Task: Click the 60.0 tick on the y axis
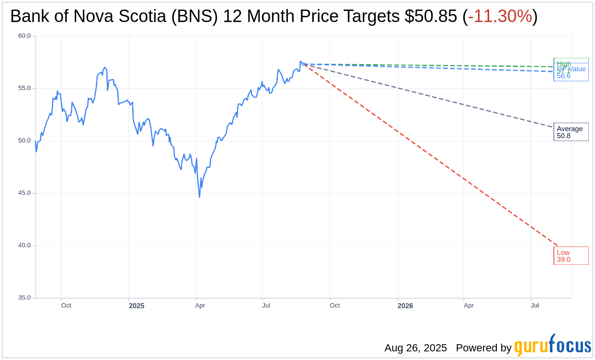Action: coord(24,36)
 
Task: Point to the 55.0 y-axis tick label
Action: coord(24,88)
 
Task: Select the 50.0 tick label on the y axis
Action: coord(24,141)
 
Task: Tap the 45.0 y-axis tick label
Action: coord(24,193)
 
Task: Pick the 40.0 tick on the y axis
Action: coord(24,246)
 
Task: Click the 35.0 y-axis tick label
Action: coord(24,298)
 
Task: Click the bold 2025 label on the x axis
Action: coord(137,306)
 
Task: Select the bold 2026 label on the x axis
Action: coord(405,306)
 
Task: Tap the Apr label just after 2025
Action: coord(200,305)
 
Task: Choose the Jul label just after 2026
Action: coord(535,305)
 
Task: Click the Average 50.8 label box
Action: coord(571,132)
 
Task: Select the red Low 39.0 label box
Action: coord(571,256)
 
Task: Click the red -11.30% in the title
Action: coord(500,16)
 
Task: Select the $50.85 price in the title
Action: coord(431,16)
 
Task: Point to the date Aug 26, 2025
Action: coord(415,348)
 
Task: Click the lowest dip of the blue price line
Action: coord(199,197)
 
